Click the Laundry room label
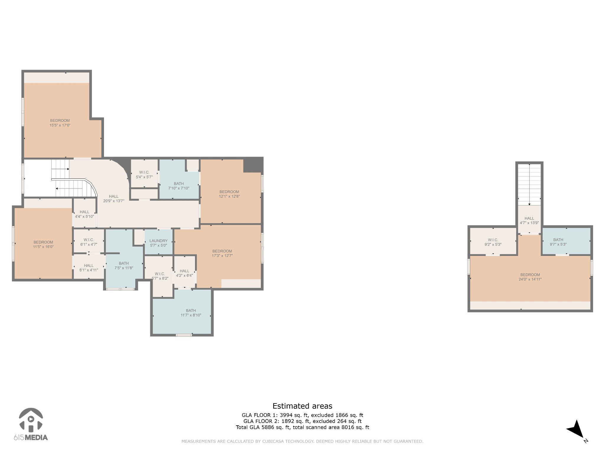click(158, 241)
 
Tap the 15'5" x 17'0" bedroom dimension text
click(60, 125)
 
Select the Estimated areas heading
click(302, 406)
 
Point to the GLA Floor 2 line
click(302, 421)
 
